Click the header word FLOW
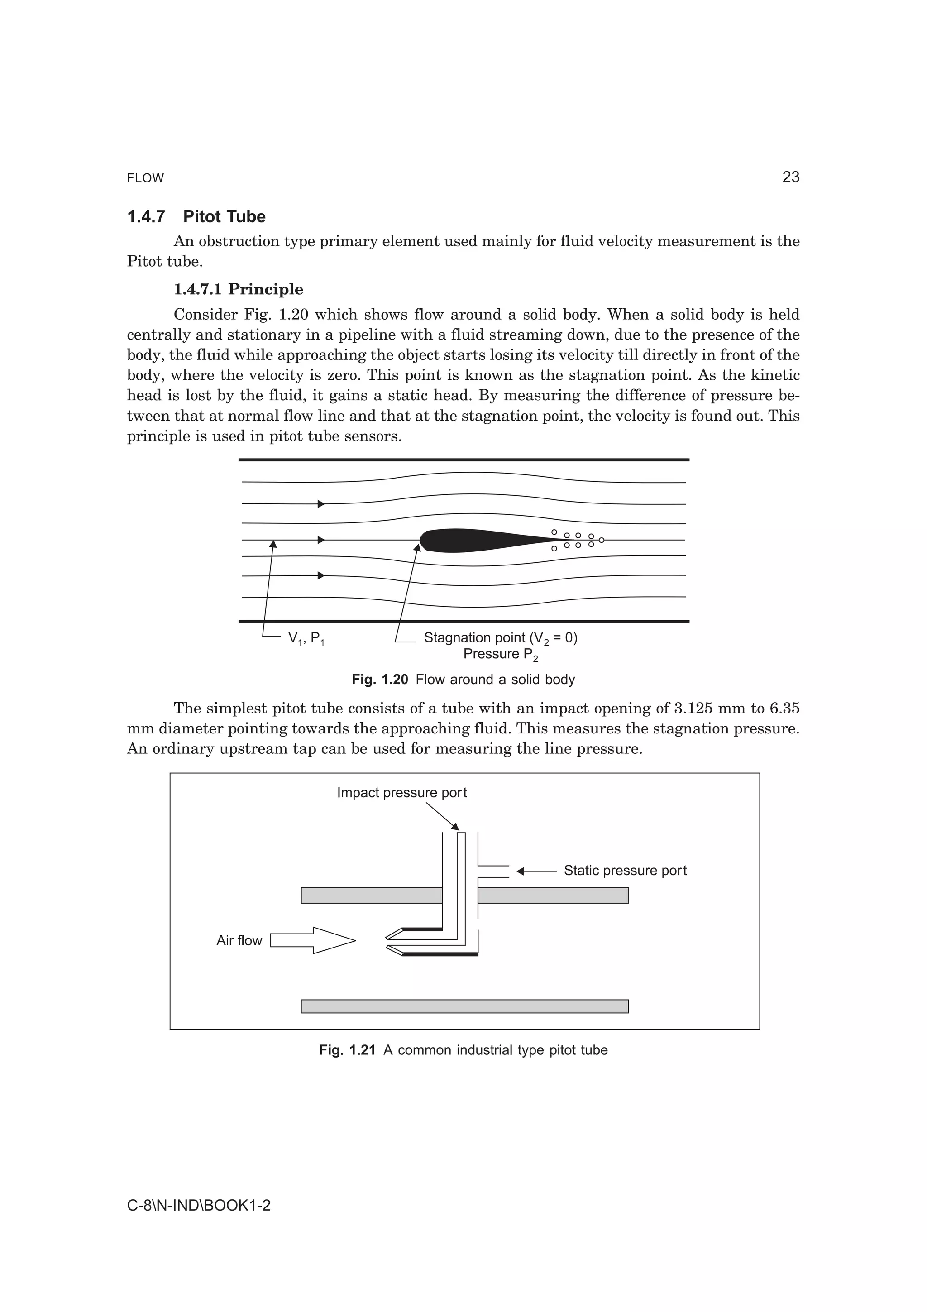coord(145,178)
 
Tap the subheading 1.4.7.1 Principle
coord(238,289)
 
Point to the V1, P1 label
coord(307,638)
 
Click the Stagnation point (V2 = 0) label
coord(500,638)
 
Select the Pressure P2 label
coord(500,654)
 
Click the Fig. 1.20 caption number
coord(380,680)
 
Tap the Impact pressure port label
coord(401,793)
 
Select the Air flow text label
coord(239,941)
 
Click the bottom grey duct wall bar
coord(464,1006)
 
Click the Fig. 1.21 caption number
coord(347,1050)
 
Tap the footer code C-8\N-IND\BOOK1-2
coord(199,1206)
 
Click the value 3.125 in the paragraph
coord(693,709)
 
